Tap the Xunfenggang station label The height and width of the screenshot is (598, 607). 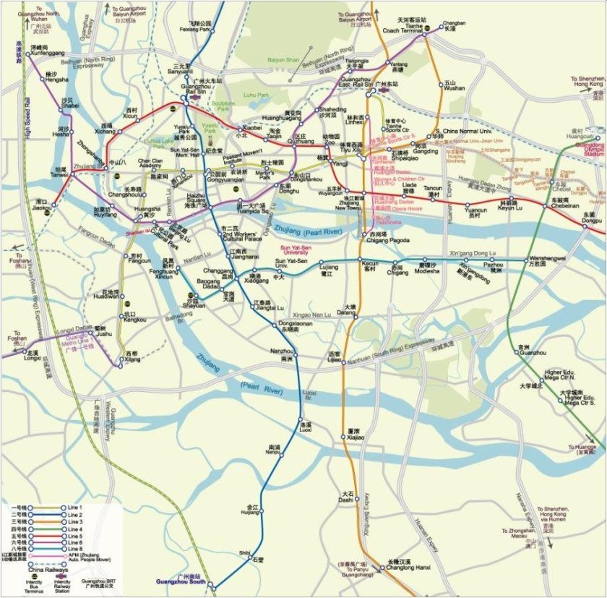[x=46, y=54]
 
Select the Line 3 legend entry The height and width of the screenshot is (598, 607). [x=75, y=523]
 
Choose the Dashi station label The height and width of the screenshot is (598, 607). [x=345, y=497]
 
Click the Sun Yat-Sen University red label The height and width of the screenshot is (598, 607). [x=290, y=249]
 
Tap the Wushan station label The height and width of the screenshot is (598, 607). [x=455, y=87]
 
